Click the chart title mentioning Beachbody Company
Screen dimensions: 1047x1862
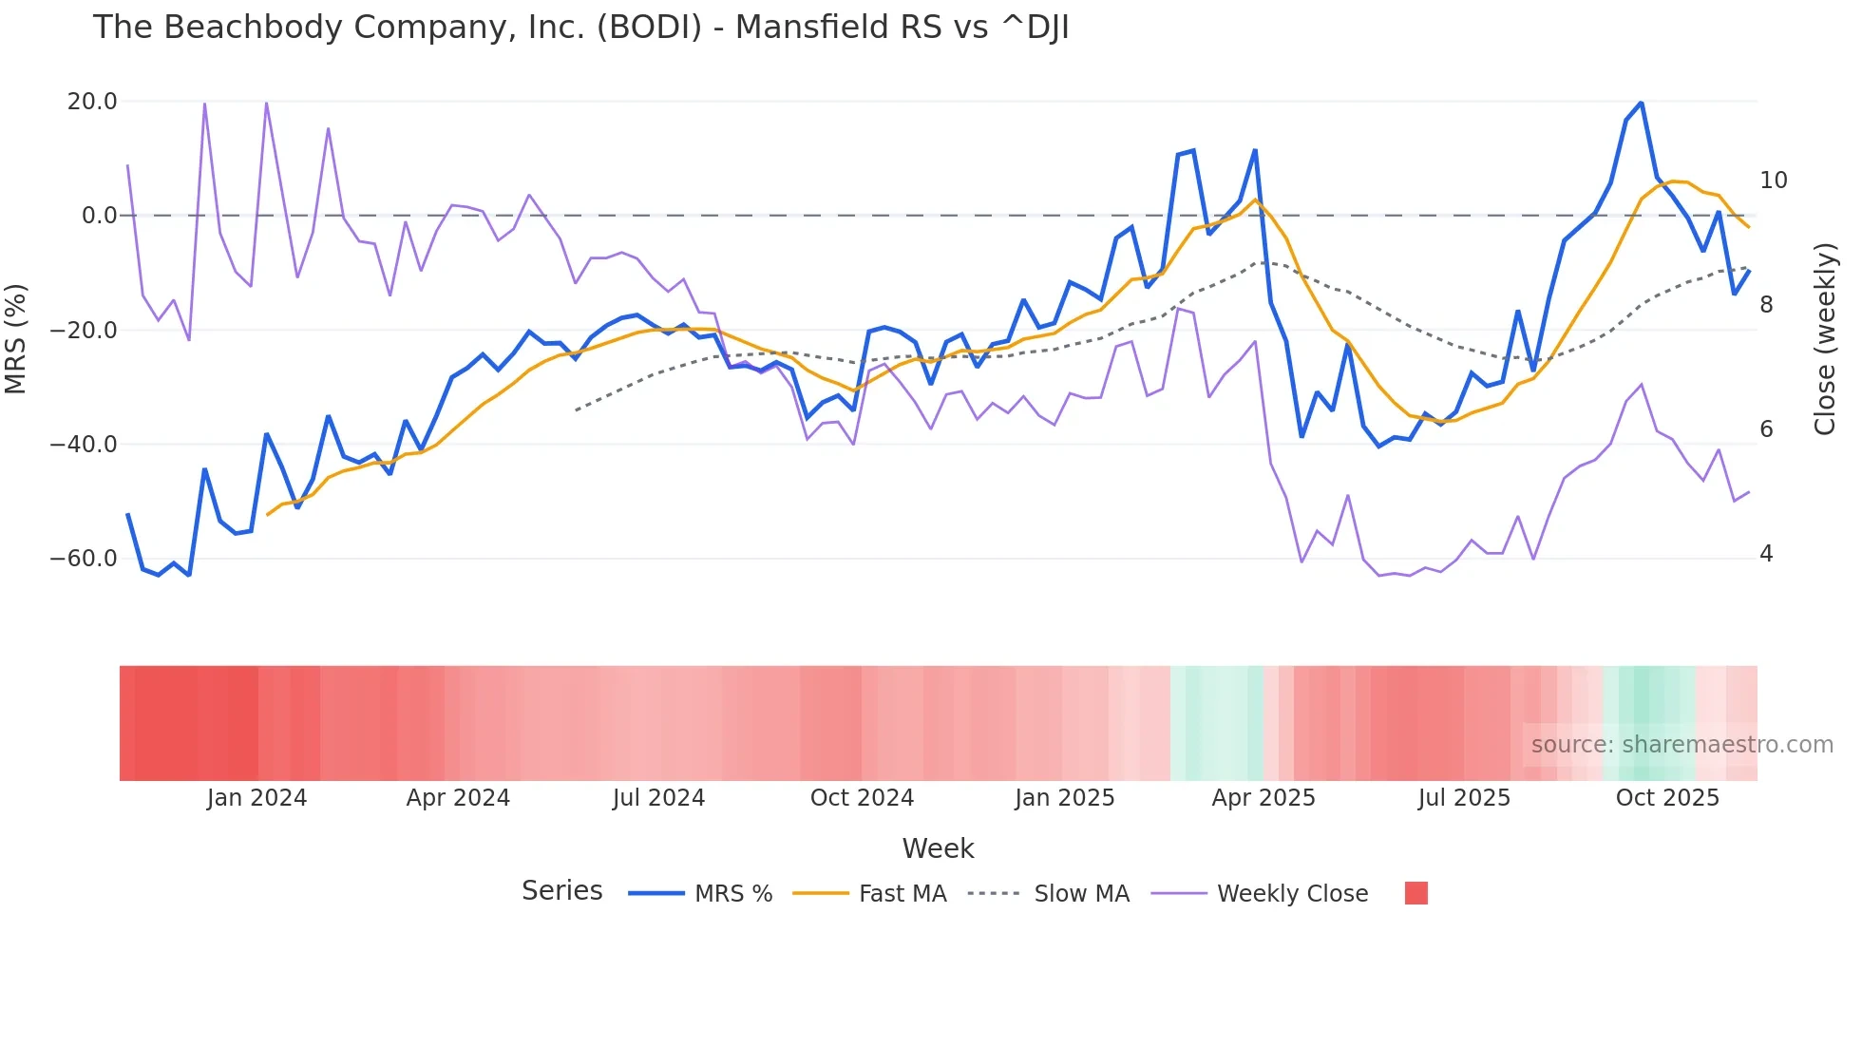coord(580,28)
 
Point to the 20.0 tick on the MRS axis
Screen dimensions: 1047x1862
coord(92,102)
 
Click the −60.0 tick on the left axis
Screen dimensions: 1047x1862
coord(84,559)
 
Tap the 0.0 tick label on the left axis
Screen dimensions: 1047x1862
coord(99,216)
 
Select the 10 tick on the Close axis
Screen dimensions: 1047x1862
coord(1773,181)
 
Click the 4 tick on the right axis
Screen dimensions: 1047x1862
coord(1766,554)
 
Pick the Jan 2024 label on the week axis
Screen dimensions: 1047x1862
coord(256,798)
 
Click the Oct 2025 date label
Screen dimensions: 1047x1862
coord(1667,798)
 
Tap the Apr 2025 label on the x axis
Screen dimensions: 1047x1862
coord(1263,798)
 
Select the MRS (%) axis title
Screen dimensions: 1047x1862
coord(16,339)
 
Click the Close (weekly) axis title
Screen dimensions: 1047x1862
coord(1825,339)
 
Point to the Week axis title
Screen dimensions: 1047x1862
coord(938,848)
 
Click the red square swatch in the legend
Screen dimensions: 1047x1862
coord(1415,893)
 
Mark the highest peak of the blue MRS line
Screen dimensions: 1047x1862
coord(1641,103)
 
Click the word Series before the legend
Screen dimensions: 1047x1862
coord(561,891)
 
